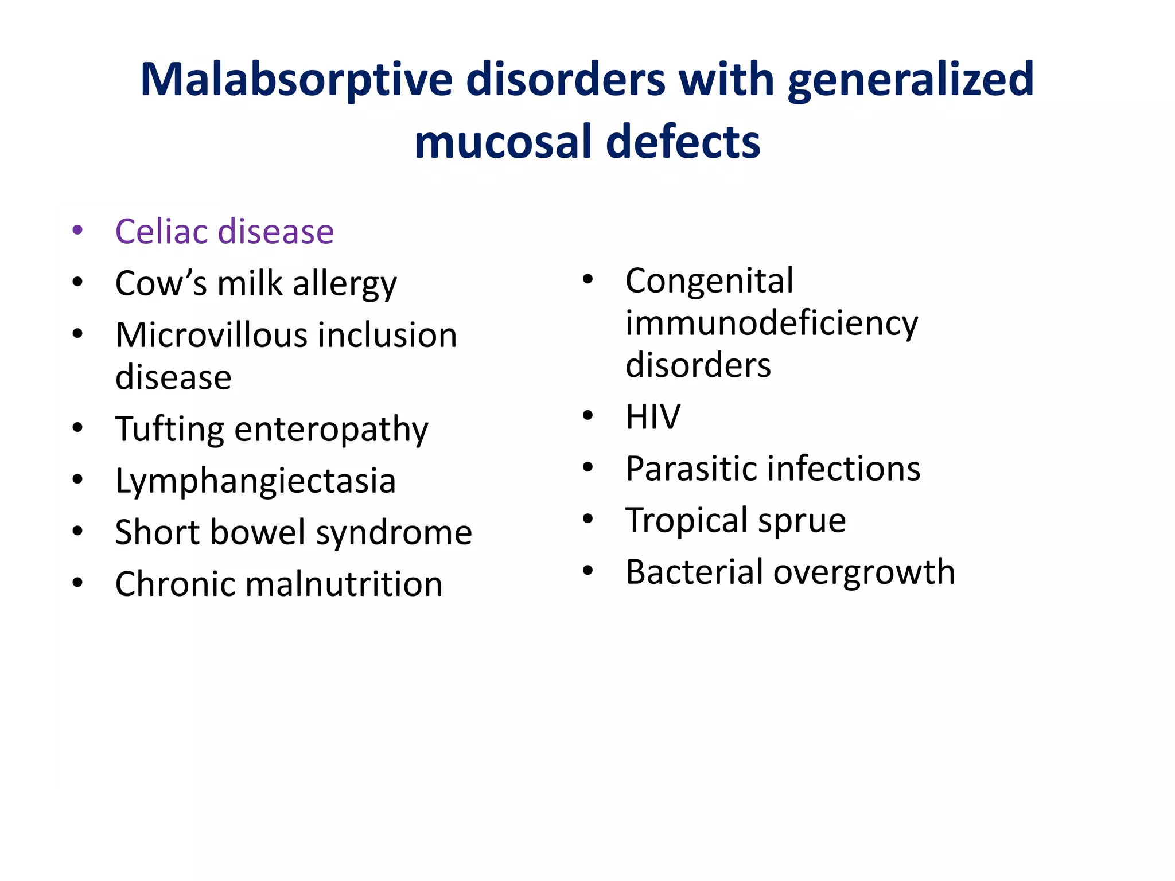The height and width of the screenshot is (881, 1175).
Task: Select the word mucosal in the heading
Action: (503, 142)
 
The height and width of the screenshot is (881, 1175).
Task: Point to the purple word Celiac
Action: (161, 232)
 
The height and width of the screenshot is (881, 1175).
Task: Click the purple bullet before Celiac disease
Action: (78, 231)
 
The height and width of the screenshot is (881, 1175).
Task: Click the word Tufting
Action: (169, 429)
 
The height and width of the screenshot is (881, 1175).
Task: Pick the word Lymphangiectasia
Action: (255, 481)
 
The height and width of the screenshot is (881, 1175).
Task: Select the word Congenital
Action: (709, 281)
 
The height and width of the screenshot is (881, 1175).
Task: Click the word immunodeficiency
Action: (772, 323)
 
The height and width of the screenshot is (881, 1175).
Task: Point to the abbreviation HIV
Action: (652, 417)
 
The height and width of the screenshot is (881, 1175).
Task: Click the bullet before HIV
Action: (587, 415)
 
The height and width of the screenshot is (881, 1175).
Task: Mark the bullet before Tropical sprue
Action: (587, 519)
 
